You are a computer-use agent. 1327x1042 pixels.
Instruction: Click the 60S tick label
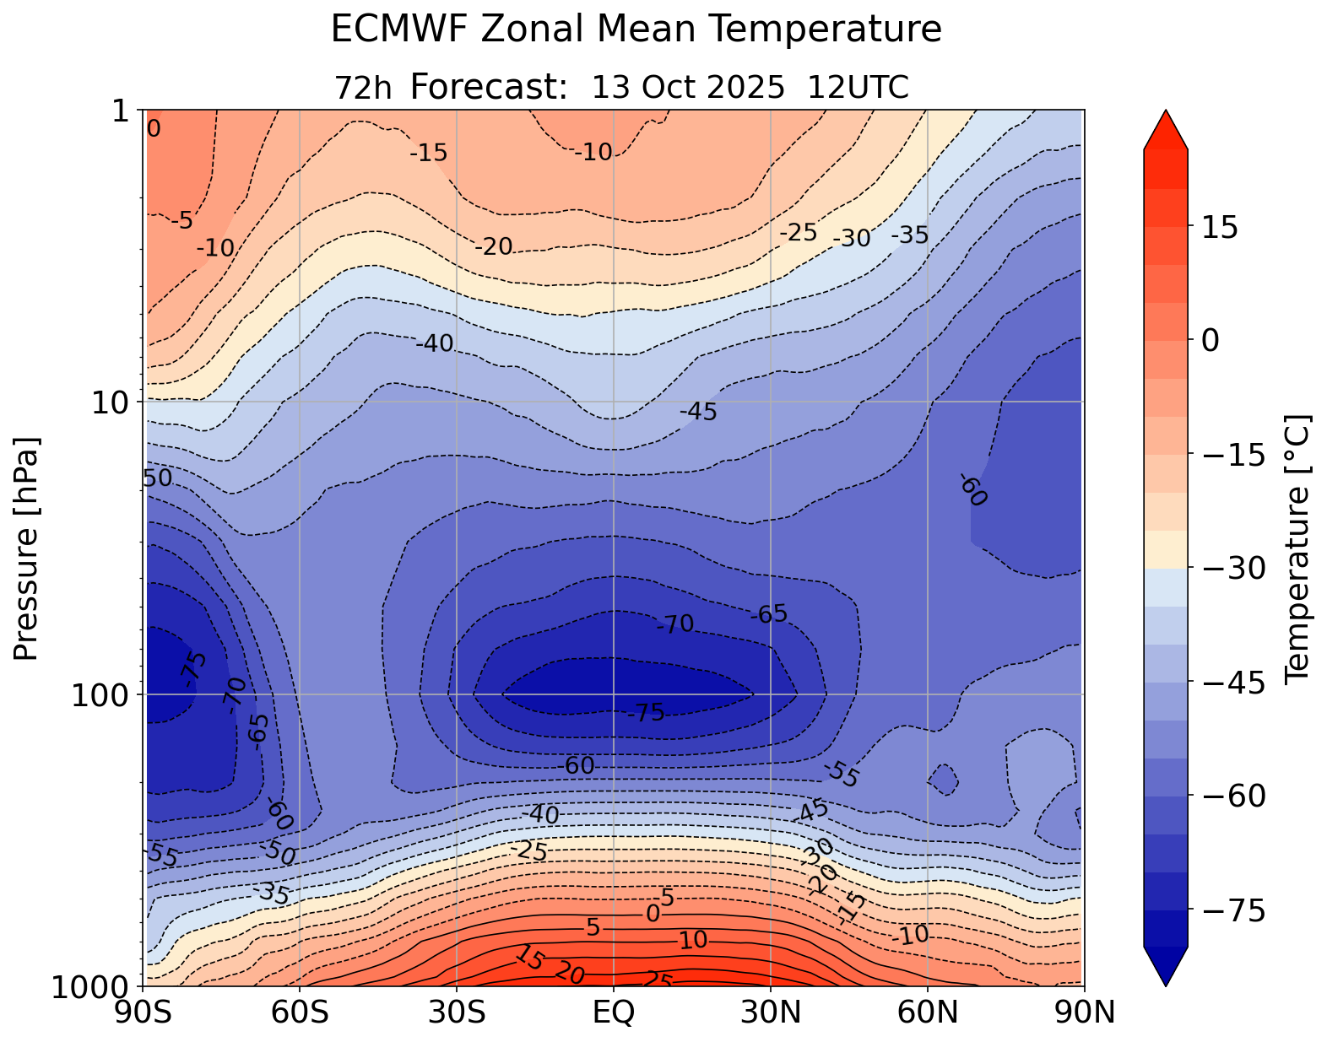coord(300,1012)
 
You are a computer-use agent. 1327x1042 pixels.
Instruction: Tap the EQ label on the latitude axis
coord(614,1012)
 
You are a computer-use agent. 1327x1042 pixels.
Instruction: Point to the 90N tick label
coord(1084,1012)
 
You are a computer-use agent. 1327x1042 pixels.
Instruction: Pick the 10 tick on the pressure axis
coord(116,402)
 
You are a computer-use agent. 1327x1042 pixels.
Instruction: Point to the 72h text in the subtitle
coord(363,88)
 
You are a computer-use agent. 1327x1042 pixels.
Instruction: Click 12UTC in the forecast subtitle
coord(858,88)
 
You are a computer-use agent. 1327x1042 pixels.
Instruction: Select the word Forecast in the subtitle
coord(488,88)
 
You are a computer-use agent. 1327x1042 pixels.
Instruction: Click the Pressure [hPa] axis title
coord(27,548)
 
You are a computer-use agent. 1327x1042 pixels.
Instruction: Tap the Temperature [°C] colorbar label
coord(1296,548)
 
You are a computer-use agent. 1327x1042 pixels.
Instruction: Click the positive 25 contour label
coord(658,980)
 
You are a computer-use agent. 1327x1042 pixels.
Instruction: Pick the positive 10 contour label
coord(692,940)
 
